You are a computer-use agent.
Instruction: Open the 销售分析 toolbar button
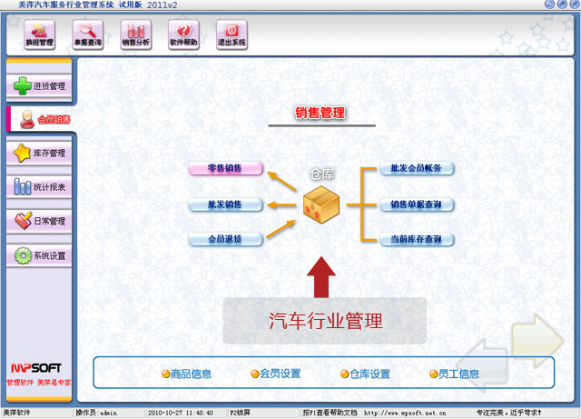tap(136, 35)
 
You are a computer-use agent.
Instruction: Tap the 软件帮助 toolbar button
tap(183, 35)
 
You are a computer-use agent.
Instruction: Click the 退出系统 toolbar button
tap(231, 35)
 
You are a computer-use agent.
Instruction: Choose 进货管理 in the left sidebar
tap(39, 86)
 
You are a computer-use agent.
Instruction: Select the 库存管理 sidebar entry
tap(39, 154)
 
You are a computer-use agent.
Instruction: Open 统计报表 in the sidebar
tap(39, 187)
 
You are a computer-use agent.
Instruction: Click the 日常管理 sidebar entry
tap(39, 221)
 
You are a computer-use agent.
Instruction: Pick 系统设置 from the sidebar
tap(39, 255)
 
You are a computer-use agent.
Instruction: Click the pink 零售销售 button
tap(226, 168)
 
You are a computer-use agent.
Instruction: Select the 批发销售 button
tap(226, 205)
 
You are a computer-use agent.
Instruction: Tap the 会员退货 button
tap(226, 240)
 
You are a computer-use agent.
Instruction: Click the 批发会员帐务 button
tap(416, 168)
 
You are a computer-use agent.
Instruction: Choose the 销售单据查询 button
tap(416, 205)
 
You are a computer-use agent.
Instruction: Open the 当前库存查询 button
tap(416, 240)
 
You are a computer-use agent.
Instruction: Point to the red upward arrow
tap(321, 277)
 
